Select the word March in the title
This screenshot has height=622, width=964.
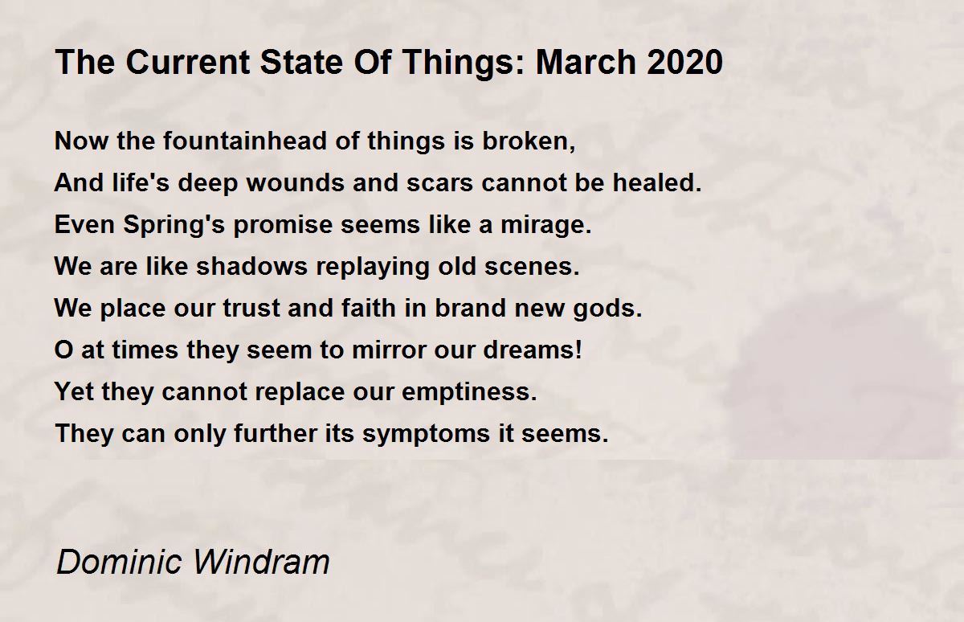[586, 62]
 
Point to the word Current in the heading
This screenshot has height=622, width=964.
[188, 62]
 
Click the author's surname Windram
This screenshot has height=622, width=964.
[262, 562]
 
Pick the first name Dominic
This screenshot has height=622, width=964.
[119, 562]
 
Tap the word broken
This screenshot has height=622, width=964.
[529, 141]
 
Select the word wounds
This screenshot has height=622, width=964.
[296, 182]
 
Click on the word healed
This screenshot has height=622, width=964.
[657, 182]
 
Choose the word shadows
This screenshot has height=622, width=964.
[251, 266]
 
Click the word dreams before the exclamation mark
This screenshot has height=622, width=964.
[528, 350]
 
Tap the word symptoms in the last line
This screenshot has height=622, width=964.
[426, 434]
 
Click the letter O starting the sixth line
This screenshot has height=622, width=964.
[63, 350]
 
